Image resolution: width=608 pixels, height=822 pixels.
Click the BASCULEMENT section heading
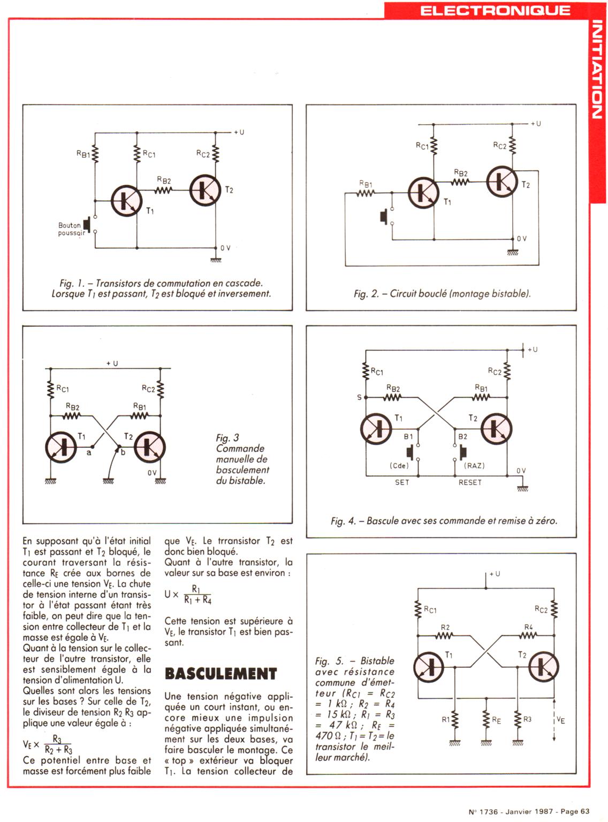point(221,673)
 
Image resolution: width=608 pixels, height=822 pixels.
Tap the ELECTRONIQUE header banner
point(495,10)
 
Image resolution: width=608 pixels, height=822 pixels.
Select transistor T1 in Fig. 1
point(127,200)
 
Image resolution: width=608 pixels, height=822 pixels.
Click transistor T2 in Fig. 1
point(205,189)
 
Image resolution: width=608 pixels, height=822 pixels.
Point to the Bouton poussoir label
point(70,229)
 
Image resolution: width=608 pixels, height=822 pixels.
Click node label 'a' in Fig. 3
point(89,452)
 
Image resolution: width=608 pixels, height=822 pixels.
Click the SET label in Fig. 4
point(402,482)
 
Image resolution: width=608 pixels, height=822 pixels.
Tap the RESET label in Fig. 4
point(470,482)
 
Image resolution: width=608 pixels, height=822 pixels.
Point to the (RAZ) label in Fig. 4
point(474,466)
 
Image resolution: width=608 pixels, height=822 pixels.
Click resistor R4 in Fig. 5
point(528,636)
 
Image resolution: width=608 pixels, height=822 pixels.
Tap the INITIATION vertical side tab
point(598,70)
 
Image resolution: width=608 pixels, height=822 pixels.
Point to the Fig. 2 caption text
point(442,293)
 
